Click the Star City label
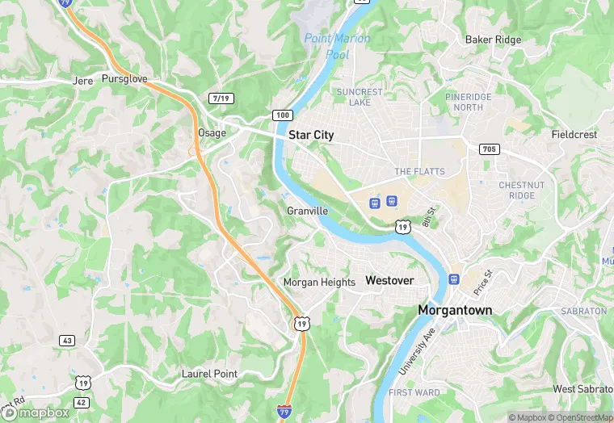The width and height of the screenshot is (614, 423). pyautogui.click(x=311, y=136)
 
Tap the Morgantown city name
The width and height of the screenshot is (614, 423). pyautogui.click(x=455, y=310)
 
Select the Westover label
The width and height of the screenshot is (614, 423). pyautogui.click(x=389, y=280)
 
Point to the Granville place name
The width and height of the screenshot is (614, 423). pyautogui.click(x=307, y=211)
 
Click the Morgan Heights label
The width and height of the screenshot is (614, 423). pyautogui.click(x=318, y=283)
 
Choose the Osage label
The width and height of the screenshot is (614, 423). pyautogui.click(x=212, y=133)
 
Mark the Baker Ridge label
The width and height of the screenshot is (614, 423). pyautogui.click(x=493, y=40)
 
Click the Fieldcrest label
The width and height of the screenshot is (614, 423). pyautogui.click(x=574, y=135)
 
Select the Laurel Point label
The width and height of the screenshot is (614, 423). pyautogui.click(x=209, y=375)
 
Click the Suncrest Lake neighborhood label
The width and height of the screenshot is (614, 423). pyautogui.click(x=360, y=97)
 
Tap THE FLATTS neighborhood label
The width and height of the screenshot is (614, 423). pyautogui.click(x=414, y=172)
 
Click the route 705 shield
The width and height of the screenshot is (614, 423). pyautogui.click(x=489, y=149)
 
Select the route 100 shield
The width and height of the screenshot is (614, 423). pyautogui.click(x=282, y=115)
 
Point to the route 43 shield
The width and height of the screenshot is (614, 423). pyautogui.click(x=67, y=341)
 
